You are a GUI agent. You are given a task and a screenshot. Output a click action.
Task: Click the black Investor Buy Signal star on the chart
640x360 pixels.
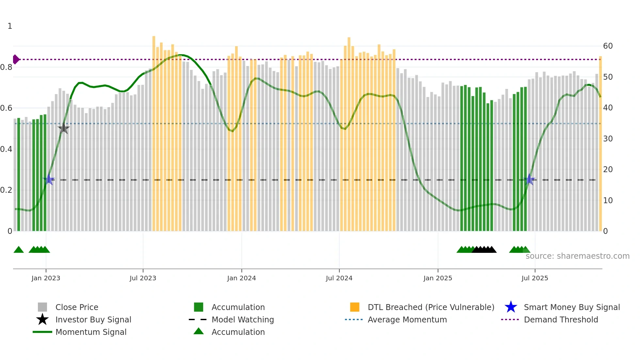pyautogui.click(x=64, y=128)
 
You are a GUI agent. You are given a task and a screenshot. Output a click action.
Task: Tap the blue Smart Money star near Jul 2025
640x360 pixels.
pyautogui.click(x=529, y=180)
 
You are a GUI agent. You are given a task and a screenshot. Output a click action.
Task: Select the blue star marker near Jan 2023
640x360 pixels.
pyautogui.click(x=49, y=179)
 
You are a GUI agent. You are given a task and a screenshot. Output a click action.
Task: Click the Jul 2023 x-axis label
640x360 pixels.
pyautogui.click(x=143, y=278)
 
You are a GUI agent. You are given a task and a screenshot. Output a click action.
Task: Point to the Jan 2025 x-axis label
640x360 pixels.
pyautogui.click(x=438, y=278)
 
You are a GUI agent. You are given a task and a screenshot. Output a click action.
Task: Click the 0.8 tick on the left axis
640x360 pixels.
pyautogui.click(x=6, y=67)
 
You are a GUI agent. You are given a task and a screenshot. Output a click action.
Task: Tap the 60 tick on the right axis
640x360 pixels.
pyautogui.click(x=608, y=46)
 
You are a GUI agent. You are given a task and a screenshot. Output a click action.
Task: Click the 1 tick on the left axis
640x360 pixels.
pyautogui.click(x=10, y=26)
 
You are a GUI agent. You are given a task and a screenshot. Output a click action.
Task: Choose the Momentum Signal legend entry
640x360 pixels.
pyautogui.click(x=91, y=332)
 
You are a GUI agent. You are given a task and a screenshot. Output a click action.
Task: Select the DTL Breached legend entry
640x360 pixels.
pyautogui.click(x=431, y=307)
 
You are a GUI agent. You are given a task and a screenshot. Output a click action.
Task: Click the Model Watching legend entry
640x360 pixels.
pyautogui.click(x=243, y=319)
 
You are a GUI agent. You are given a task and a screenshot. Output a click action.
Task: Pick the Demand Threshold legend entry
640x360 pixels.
pyautogui.click(x=561, y=319)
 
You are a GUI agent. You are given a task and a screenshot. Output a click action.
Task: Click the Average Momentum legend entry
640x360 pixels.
pyautogui.click(x=407, y=319)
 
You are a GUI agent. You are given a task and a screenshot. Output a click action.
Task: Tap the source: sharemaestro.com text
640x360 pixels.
pyautogui.click(x=577, y=256)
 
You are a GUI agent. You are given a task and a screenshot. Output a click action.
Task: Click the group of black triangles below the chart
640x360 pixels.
pyautogui.click(x=484, y=250)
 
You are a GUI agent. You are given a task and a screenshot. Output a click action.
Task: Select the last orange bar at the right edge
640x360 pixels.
pyautogui.click(x=600, y=144)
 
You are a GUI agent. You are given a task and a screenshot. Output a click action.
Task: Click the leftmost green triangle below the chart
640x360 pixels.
pyautogui.click(x=19, y=250)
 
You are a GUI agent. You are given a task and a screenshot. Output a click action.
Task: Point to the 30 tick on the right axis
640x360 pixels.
pyautogui.click(x=608, y=139)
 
